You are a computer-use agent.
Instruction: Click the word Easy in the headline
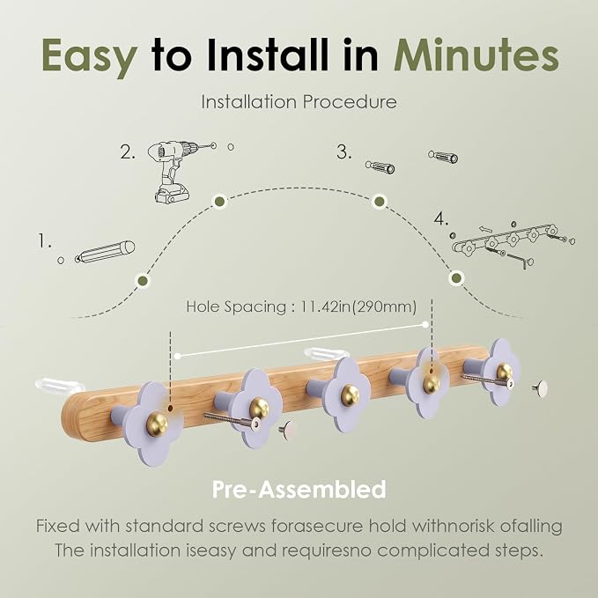pos(89,55)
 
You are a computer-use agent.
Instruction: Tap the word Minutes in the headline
pos(476,54)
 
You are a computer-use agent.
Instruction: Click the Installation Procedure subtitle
pos(299,102)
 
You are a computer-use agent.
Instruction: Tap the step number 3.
pos(343,152)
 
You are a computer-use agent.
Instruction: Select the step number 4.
pos(441,219)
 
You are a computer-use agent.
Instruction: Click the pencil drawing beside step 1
pos(105,252)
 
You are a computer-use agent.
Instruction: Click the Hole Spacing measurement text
pos(301,306)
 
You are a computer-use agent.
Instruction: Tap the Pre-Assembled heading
pos(299,490)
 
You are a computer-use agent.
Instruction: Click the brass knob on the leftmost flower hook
pos(157,424)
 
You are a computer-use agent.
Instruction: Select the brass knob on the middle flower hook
pos(350,395)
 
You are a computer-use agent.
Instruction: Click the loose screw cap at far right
pos(540,388)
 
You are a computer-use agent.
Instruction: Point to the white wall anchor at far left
pos(60,384)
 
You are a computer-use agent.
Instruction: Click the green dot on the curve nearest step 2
pos(219,201)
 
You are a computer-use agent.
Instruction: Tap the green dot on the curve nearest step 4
pos(456,277)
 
